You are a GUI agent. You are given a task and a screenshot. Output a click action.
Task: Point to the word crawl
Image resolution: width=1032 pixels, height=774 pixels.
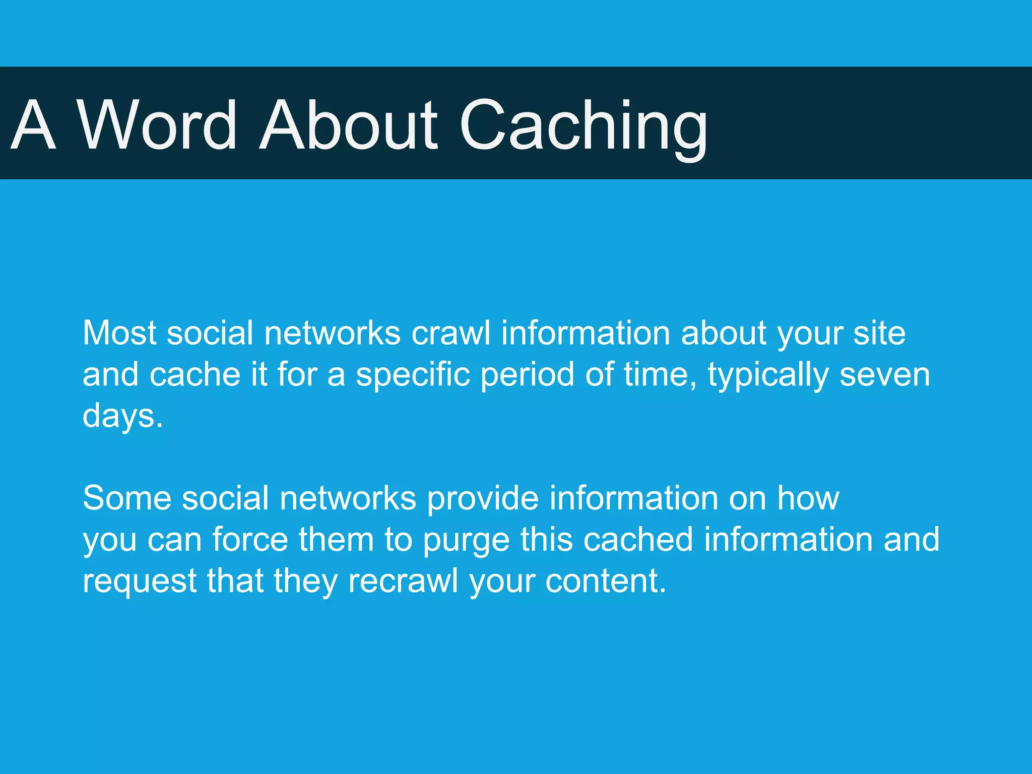[451, 333]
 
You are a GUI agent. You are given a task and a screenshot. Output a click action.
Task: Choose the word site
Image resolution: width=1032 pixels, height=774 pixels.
[879, 333]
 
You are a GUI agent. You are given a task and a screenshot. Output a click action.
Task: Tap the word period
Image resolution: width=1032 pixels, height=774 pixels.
[527, 375]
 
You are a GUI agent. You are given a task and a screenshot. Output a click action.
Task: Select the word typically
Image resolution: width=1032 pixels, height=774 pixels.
[768, 375]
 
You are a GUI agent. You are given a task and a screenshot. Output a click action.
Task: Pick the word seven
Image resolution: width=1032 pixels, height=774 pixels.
[885, 375]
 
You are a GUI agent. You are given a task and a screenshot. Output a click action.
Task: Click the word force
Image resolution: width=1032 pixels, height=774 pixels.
[250, 540]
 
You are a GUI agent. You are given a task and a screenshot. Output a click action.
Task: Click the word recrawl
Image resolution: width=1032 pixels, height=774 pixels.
[403, 581]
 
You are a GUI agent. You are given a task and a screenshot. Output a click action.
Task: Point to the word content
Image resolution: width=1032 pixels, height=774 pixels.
[605, 581]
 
